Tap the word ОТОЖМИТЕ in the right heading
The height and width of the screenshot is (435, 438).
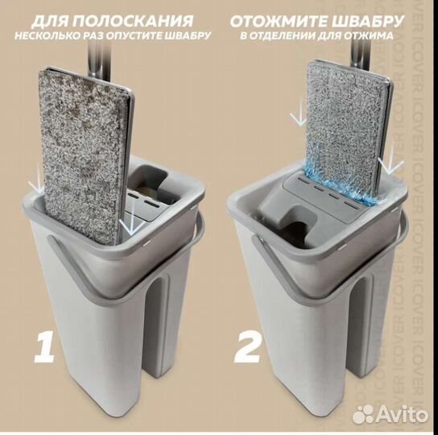click(276, 20)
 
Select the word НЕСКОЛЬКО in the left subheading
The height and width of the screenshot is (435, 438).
click(62, 36)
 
